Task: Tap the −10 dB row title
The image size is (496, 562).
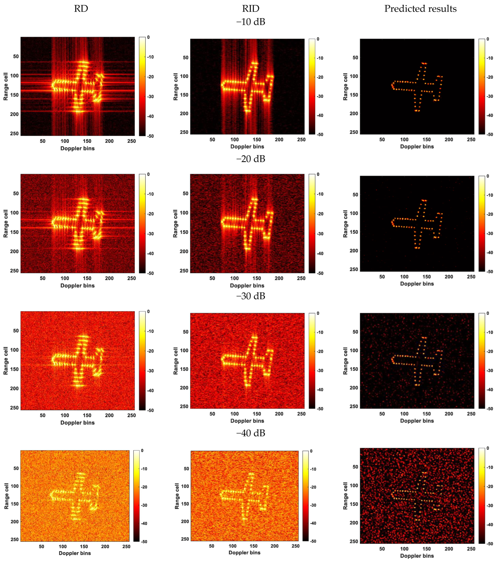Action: [x=251, y=22]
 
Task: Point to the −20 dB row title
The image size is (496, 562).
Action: [x=251, y=159]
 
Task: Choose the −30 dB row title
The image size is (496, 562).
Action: [x=251, y=296]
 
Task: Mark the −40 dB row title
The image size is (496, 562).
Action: [x=251, y=433]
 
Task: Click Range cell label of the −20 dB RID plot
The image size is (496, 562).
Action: [x=175, y=224]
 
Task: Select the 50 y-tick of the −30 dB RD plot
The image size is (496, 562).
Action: [x=16, y=331]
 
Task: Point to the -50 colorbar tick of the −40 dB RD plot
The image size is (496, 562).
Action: [x=144, y=542]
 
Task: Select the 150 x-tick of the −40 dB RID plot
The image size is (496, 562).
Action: [x=253, y=546]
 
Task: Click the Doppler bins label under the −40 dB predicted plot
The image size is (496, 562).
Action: [x=417, y=556]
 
